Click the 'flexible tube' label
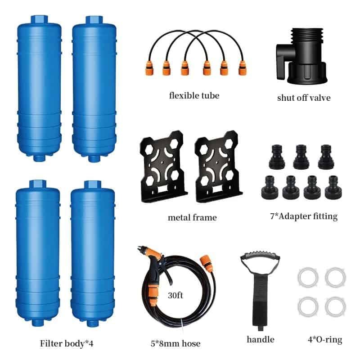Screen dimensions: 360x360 point(194,95)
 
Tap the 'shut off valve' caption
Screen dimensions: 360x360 point(303,97)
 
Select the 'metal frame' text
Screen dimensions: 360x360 point(192,217)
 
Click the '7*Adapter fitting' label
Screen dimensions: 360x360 point(301,216)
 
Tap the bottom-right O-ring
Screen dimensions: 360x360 point(336,306)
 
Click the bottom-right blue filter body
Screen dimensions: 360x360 point(93,252)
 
